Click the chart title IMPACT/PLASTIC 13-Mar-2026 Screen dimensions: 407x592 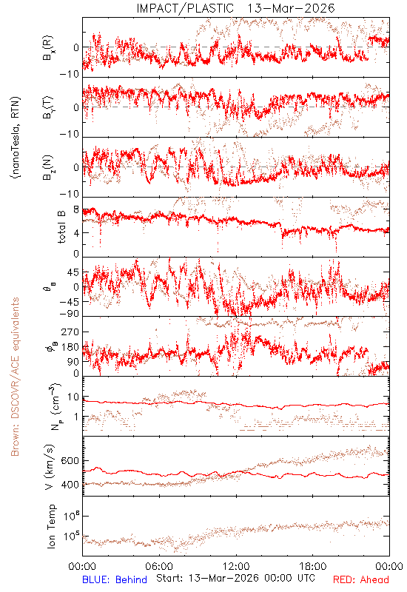click(x=235, y=8)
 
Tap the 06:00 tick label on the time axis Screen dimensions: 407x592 click(x=159, y=566)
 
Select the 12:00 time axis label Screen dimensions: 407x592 click(x=236, y=566)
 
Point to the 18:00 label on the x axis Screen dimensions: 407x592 click(x=313, y=566)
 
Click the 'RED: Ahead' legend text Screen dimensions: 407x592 click(x=360, y=579)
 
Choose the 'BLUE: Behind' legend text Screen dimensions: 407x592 click(x=115, y=579)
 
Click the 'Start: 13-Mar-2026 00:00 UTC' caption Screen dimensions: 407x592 click(x=235, y=578)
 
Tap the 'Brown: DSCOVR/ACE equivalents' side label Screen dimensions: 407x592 click(x=15, y=377)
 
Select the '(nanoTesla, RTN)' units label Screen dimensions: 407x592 click(x=15, y=138)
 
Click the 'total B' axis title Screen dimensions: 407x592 click(x=61, y=227)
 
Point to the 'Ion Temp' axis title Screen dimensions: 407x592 click(x=51, y=526)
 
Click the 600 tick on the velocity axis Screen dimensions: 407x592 click(x=70, y=460)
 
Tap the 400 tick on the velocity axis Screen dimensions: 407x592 click(x=70, y=485)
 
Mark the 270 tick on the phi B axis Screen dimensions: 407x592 click(x=70, y=332)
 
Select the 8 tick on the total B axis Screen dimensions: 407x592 click(x=76, y=210)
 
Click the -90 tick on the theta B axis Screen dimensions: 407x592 click(x=69, y=314)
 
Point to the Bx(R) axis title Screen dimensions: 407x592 click(x=48, y=48)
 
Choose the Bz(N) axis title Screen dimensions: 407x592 click(x=48, y=167)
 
